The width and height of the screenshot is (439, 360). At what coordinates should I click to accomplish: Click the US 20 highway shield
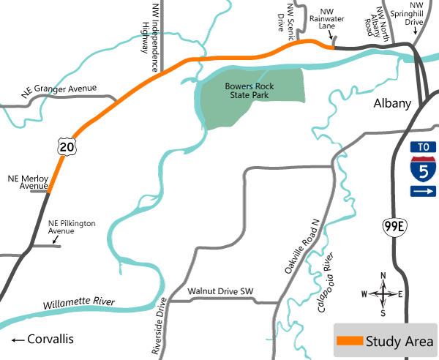(67, 147)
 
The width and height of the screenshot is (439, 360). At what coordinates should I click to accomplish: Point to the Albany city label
(393, 103)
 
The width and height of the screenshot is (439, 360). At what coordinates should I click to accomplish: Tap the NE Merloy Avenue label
(27, 181)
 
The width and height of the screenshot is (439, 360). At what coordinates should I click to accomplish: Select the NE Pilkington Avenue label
(72, 227)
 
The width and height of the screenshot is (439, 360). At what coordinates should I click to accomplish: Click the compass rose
(383, 294)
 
